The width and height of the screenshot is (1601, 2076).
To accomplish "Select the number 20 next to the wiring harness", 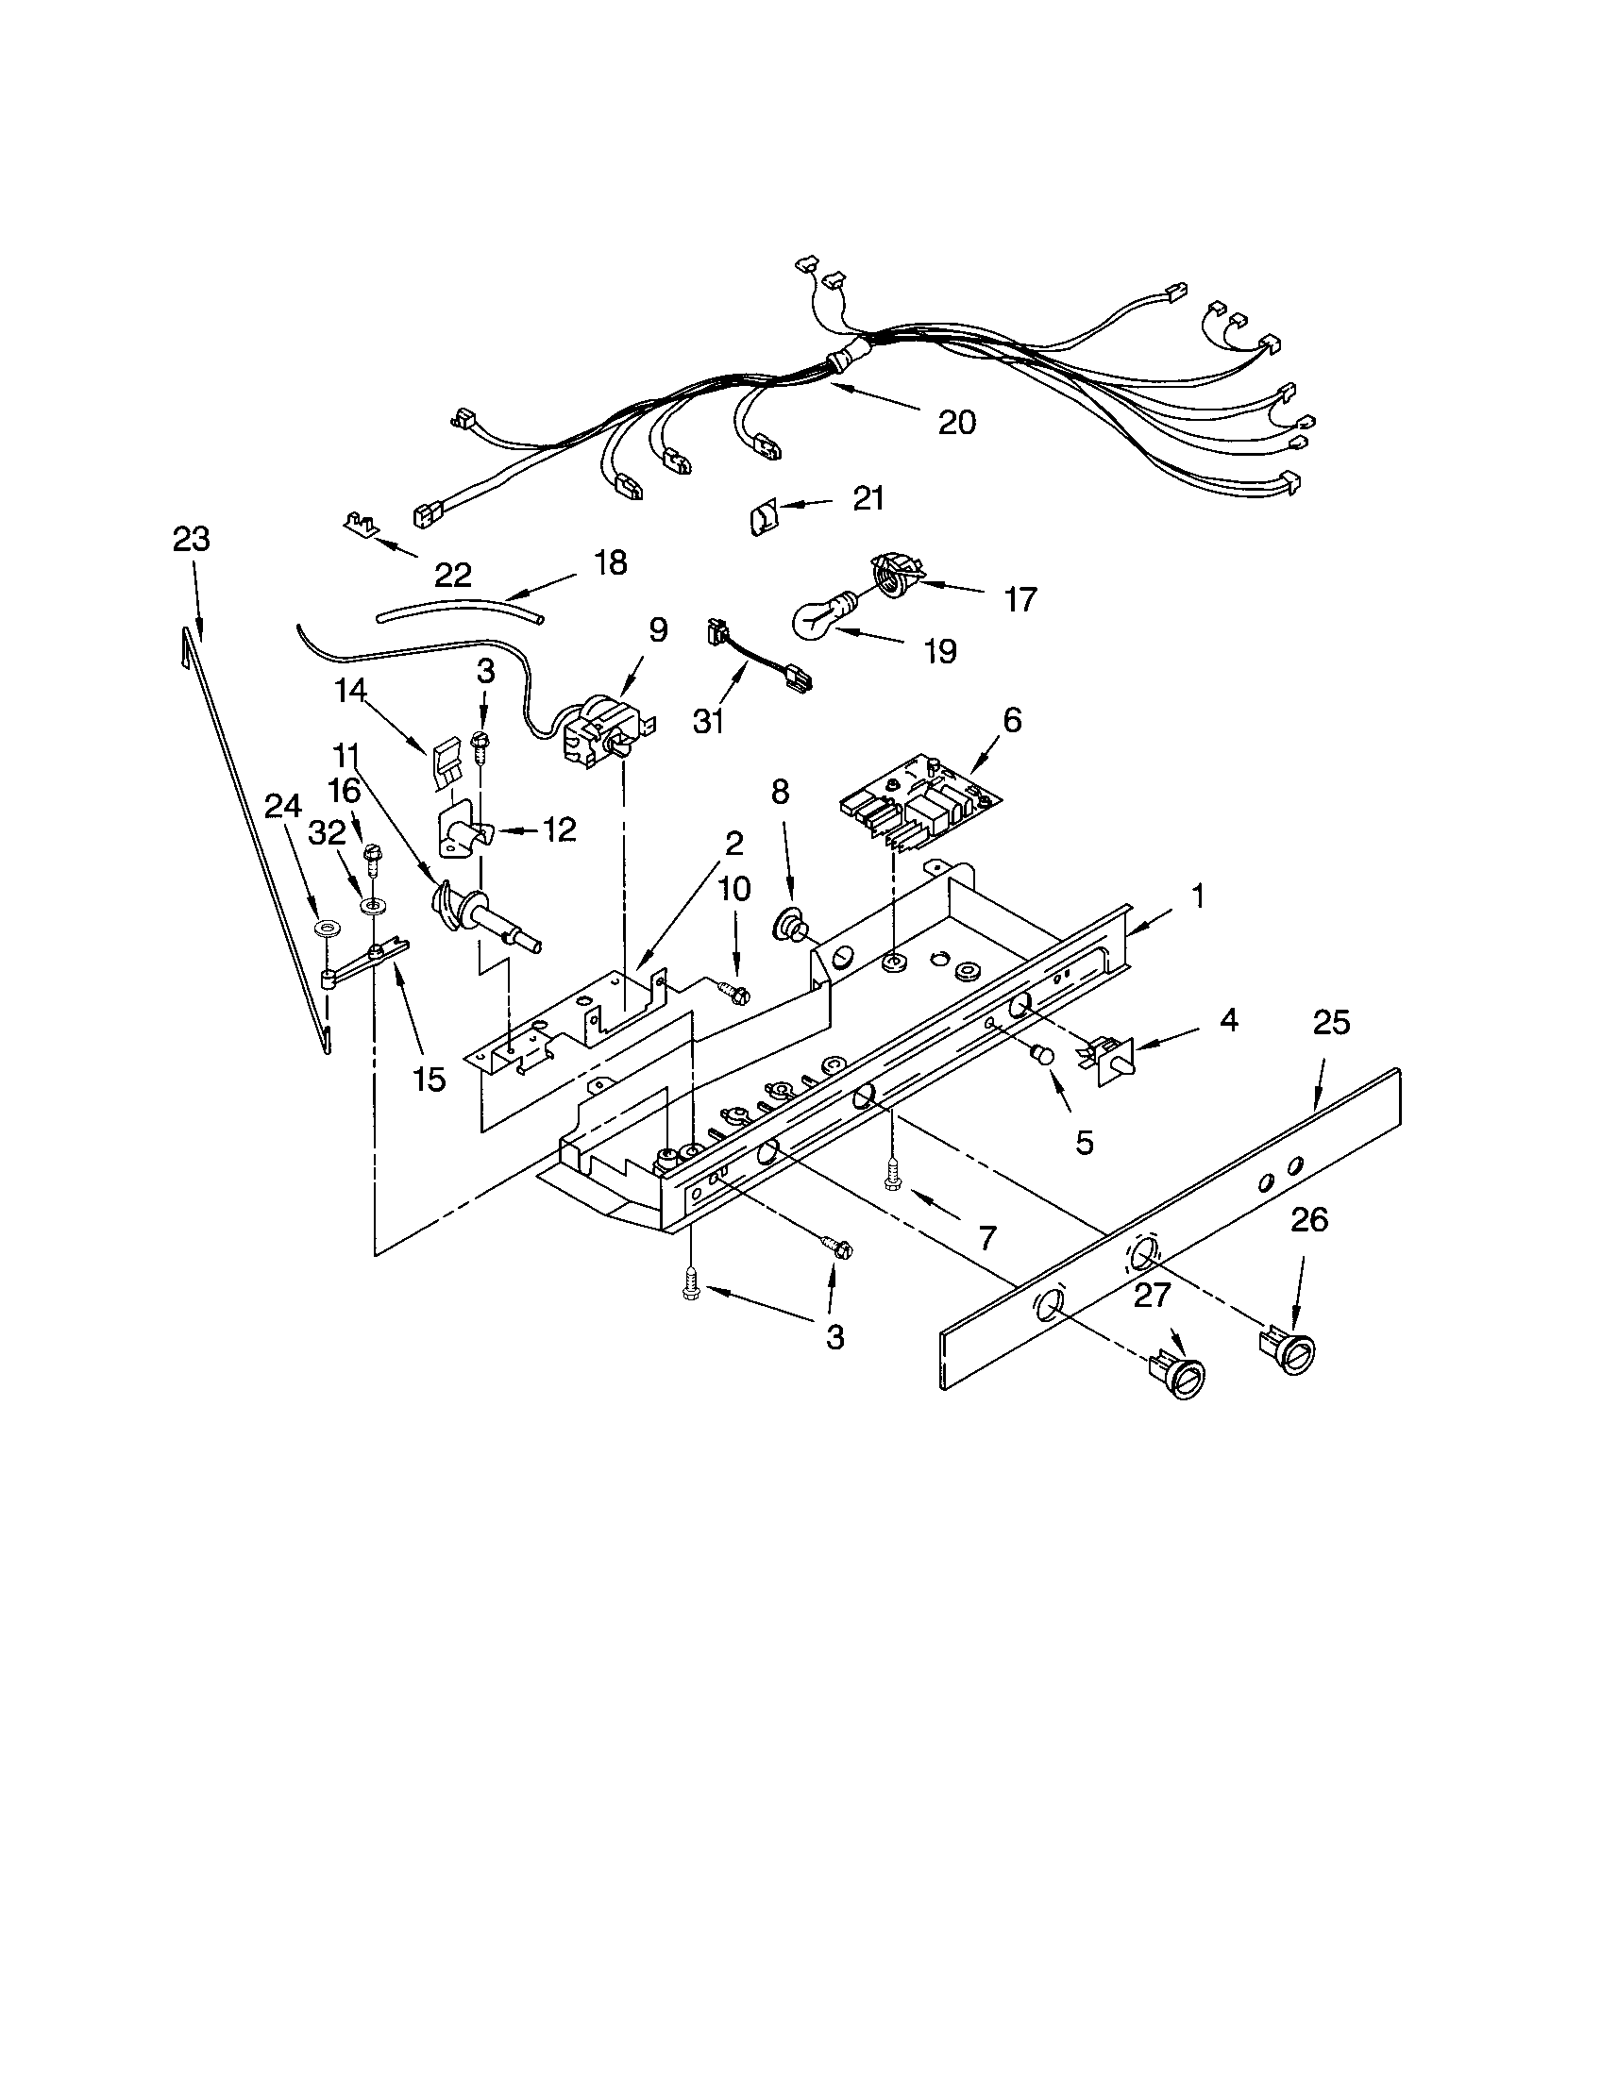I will pyautogui.click(x=956, y=422).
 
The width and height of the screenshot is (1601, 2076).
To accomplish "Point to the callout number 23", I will pyautogui.click(x=191, y=539).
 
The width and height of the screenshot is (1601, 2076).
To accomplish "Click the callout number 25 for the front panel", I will pyautogui.click(x=1331, y=1023).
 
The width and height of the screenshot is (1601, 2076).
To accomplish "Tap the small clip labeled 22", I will pyautogui.click(x=361, y=521).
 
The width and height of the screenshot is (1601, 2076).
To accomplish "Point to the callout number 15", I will pyautogui.click(x=429, y=1079).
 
